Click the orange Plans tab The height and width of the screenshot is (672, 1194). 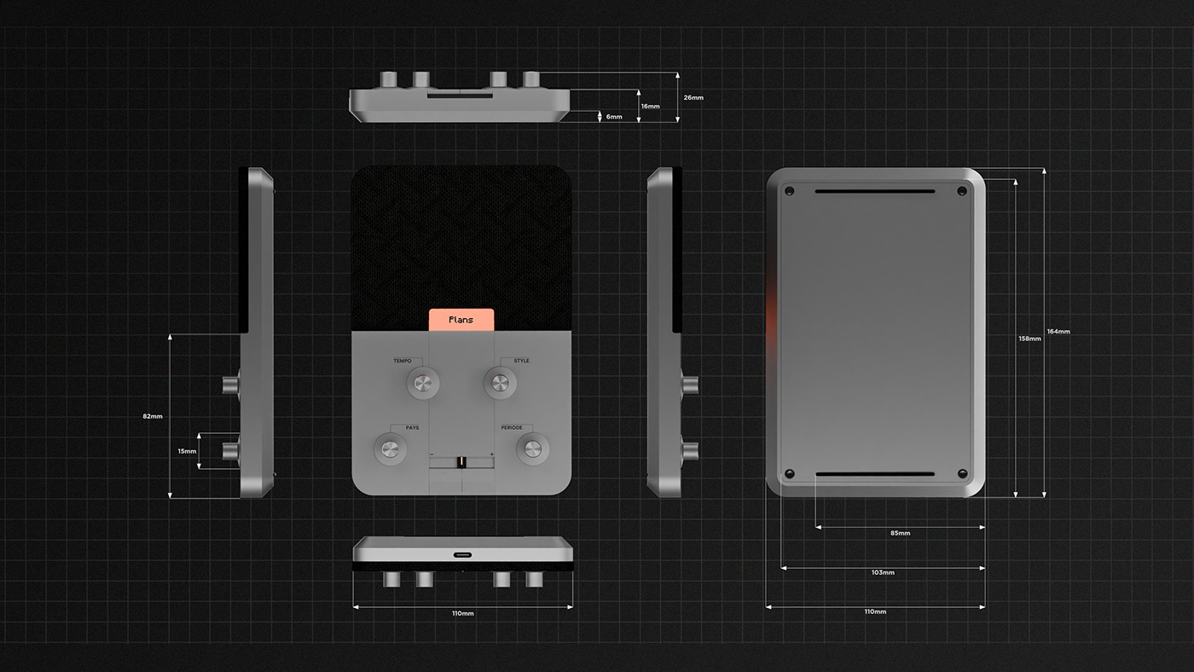(461, 319)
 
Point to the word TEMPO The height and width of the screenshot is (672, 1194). (403, 362)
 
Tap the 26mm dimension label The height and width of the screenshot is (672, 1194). (693, 97)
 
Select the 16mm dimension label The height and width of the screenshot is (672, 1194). (651, 107)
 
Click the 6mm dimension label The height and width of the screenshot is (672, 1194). (614, 116)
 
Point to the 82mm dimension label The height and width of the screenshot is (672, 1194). (153, 416)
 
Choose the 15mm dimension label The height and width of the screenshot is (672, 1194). (187, 450)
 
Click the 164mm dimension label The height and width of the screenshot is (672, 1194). (1058, 331)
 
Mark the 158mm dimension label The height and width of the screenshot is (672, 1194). (1029, 339)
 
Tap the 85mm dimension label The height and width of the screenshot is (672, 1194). (900, 533)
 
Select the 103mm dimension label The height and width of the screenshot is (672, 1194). (883, 572)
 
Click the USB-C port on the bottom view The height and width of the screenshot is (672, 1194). (462, 554)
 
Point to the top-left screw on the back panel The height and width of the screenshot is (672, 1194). (789, 189)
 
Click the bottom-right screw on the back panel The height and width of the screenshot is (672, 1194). (963, 473)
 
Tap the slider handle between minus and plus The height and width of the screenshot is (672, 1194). (461, 461)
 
